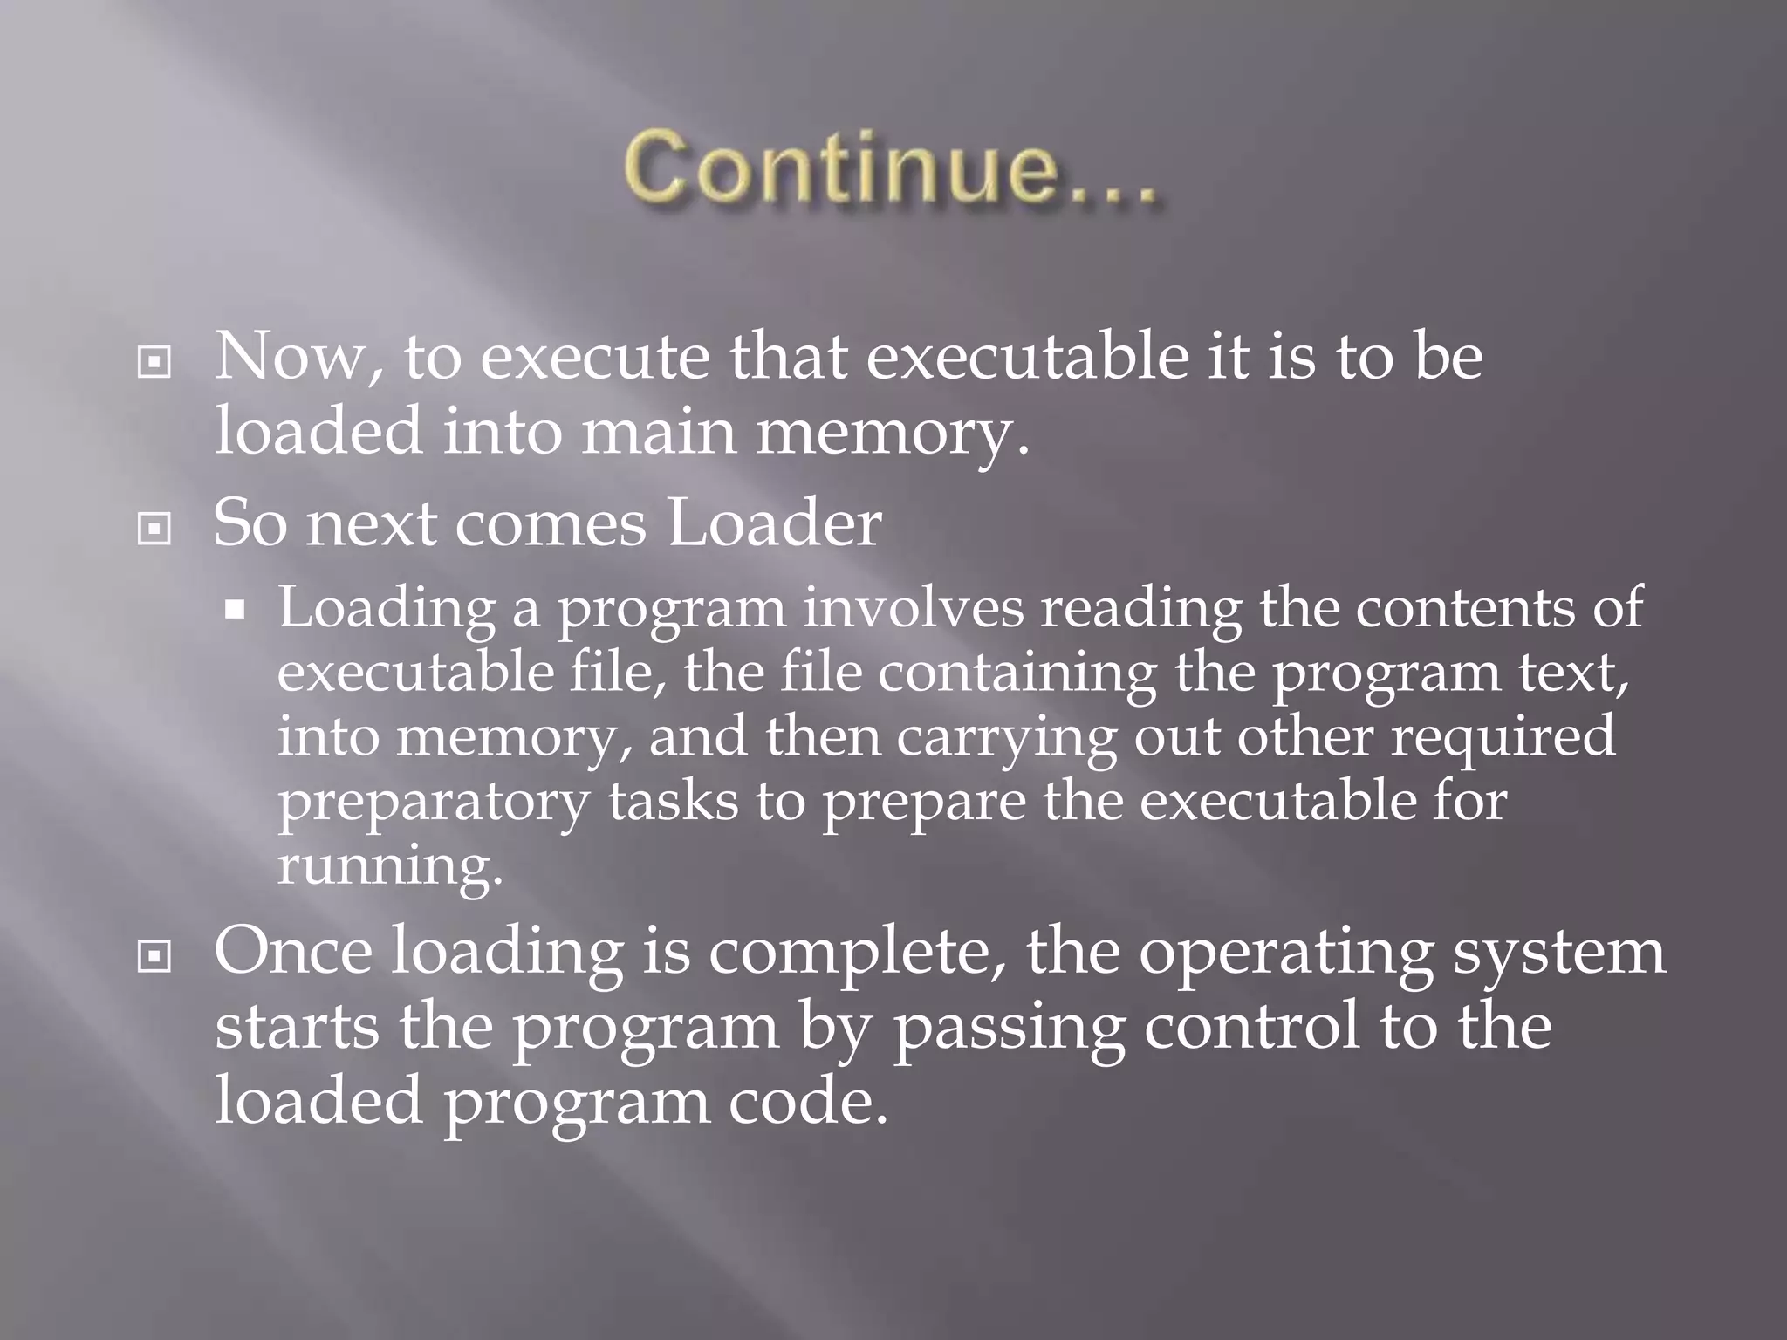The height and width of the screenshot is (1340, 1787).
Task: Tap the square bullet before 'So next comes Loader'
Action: pyautogui.click(x=154, y=528)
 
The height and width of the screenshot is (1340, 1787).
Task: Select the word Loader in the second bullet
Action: pyautogui.click(x=774, y=523)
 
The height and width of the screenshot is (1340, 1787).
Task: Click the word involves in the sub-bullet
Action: pyautogui.click(x=913, y=607)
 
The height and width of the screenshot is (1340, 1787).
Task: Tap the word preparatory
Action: pyautogui.click(x=433, y=803)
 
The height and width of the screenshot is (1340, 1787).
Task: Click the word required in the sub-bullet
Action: pyautogui.click(x=1503, y=738)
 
